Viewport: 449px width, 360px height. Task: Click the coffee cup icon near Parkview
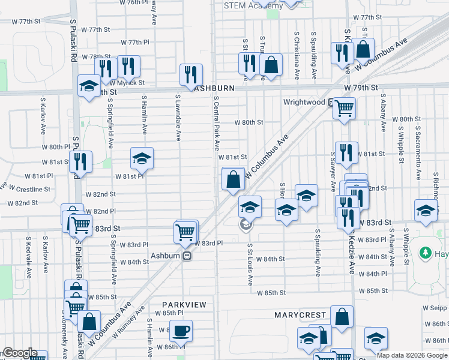pos(180,331)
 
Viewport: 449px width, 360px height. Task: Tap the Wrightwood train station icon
pos(331,102)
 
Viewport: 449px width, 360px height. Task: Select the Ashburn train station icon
pos(187,256)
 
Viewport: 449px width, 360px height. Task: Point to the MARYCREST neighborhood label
pos(300,314)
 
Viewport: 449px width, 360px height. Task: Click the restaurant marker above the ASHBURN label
pos(191,74)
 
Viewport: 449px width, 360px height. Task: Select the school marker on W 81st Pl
pos(142,159)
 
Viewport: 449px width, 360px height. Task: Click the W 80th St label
pos(249,122)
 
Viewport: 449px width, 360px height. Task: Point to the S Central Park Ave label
pos(215,126)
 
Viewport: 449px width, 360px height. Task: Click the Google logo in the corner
pos(19,353)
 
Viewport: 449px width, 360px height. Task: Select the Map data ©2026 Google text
pos(412,355)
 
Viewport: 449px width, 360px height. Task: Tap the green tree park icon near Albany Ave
pos(427,252)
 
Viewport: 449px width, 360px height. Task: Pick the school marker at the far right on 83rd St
pos(425,211)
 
